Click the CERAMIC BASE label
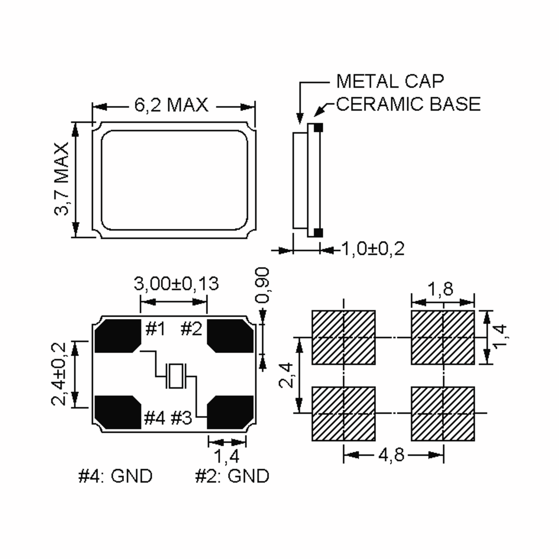coord(408,104)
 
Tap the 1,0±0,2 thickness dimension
coord(373,249)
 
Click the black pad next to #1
coord(117,336)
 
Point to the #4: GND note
coord(115,476)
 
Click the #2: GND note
coord(232,476)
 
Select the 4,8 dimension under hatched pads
coord(391,455)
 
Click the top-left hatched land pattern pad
coord(344,337)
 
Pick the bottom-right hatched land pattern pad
coord(443,413)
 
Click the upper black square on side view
coord(318,127)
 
